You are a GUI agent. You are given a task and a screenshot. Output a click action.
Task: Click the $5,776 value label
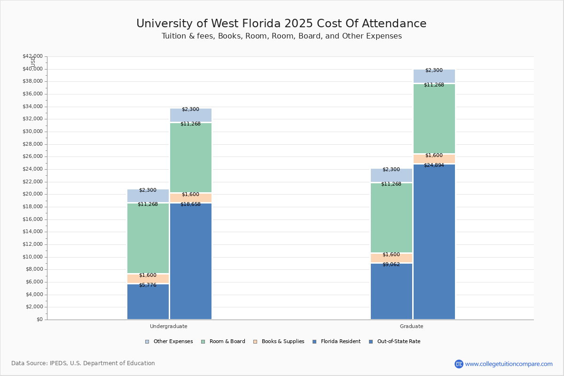(148, 285)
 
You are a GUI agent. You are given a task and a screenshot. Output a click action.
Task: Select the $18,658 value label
(191, 204)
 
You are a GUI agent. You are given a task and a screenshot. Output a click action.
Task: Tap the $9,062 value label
(391, 265)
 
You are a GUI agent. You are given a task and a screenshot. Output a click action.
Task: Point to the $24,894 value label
(434, 165)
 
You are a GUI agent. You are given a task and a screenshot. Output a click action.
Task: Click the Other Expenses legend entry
(169, 342)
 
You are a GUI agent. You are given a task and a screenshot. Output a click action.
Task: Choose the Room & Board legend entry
(223, 342)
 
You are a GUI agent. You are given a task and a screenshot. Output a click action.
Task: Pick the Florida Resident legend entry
(337, 342)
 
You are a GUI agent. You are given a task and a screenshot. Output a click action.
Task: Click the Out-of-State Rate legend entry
(394, 342)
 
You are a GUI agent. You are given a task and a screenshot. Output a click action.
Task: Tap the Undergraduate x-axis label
(169, 326)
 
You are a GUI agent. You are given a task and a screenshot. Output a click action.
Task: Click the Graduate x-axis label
(412, 326)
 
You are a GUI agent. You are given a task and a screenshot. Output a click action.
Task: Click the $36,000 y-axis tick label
(33, 94)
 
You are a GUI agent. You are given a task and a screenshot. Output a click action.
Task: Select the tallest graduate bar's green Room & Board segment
(434, 118)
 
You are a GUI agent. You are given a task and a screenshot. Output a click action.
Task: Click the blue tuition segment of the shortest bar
(148, 302)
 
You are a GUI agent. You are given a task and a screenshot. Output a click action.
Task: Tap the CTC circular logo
(459, 364)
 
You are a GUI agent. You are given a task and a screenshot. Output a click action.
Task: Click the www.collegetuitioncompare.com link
(509, 364)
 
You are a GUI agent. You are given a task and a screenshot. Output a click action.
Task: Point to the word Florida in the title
(261, 23)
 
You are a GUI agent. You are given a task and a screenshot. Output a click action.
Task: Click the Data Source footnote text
(83, 363)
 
